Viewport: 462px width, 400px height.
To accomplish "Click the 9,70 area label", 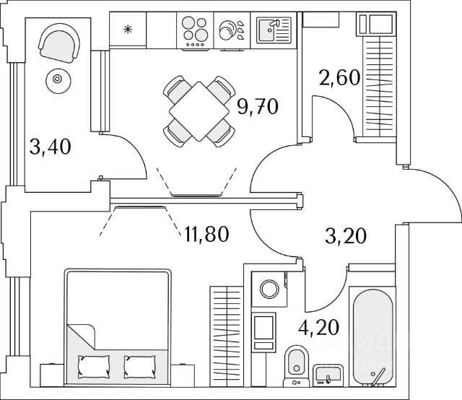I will pos(258,108).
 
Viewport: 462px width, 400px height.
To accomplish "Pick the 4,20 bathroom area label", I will pos(320,335).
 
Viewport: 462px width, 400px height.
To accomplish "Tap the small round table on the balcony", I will pos(56,80).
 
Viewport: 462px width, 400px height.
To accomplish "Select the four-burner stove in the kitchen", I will pos(195,31).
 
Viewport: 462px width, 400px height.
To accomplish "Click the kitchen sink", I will pos(272,31).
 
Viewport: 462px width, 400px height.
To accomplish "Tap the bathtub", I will pos(371,336).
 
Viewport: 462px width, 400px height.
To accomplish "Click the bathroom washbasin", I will pos(328,375).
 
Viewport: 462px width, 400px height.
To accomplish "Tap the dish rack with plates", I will pos(232,31).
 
